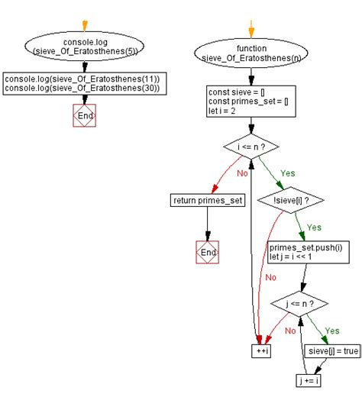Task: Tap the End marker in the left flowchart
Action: click(x=85, y=116)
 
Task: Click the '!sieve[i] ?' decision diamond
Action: click(x=295, y=201)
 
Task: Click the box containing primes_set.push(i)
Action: click(x=308, y=253)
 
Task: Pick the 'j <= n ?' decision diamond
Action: click(x=300, y=303)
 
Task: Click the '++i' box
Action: click(x=262, y=351)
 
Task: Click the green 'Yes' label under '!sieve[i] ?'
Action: click(x=314, y=227)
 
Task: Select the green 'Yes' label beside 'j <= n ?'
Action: click(x=333, y=331)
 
